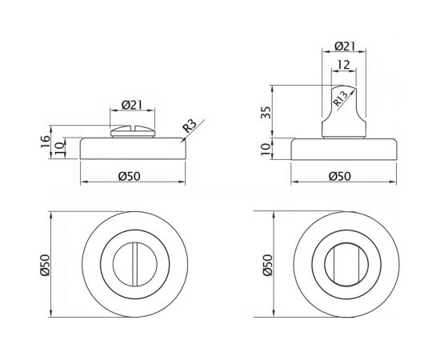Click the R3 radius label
click(190, 126)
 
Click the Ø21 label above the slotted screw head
click(134, 104)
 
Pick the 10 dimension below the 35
click(266, 149)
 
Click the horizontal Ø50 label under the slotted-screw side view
click(134, 176)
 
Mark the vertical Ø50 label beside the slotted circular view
click(46, 266)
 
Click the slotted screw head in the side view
click(134, 131)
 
